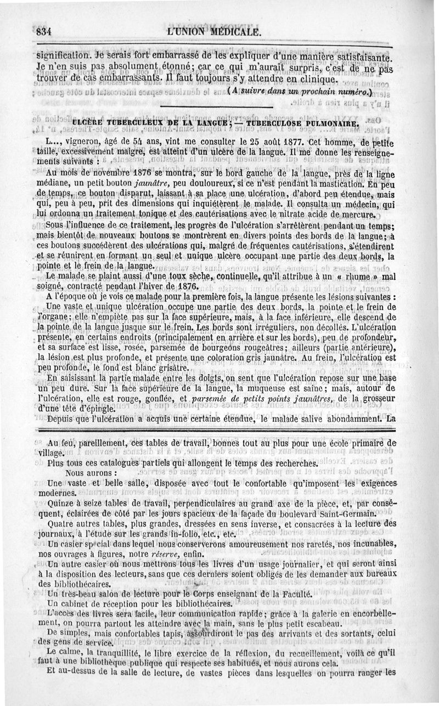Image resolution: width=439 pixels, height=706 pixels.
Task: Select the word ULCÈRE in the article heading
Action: tap(88, 123)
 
